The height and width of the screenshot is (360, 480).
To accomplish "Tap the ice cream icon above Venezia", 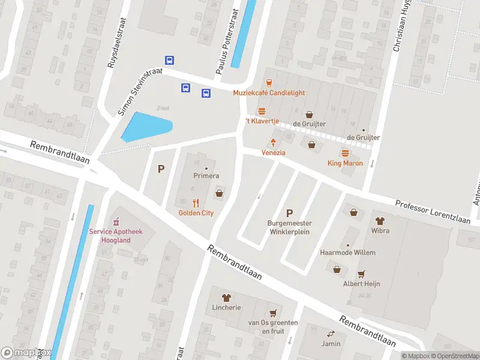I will (x=273, y=143).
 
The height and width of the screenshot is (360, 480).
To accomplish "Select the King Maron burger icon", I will (x=345, y=154).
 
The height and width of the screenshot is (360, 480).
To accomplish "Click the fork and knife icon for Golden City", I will (x=196, y=203).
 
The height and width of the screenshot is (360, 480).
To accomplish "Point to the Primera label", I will (x=206, y=176).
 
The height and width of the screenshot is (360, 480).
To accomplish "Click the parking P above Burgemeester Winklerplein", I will (x=290, y=213).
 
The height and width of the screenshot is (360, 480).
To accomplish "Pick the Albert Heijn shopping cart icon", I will (x=361, y=274).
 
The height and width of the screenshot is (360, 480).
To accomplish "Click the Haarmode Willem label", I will (x=348, y=253).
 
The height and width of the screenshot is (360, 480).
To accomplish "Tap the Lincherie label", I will (x=226, y=307).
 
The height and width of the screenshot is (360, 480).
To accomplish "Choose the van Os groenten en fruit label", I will (x=273, y=326).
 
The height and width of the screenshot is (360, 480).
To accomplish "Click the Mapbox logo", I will (x=26, y=353).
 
